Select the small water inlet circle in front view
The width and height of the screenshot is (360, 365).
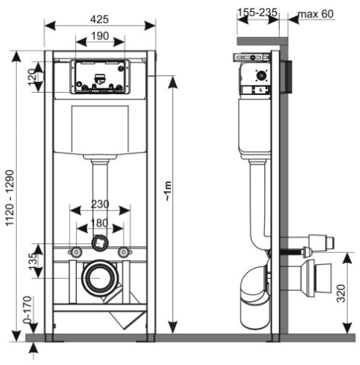click(x=99, y=242)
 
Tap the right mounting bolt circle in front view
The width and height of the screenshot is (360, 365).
click(x=124, y=252)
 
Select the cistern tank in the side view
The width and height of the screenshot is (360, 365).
click(x=256, y=124)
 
